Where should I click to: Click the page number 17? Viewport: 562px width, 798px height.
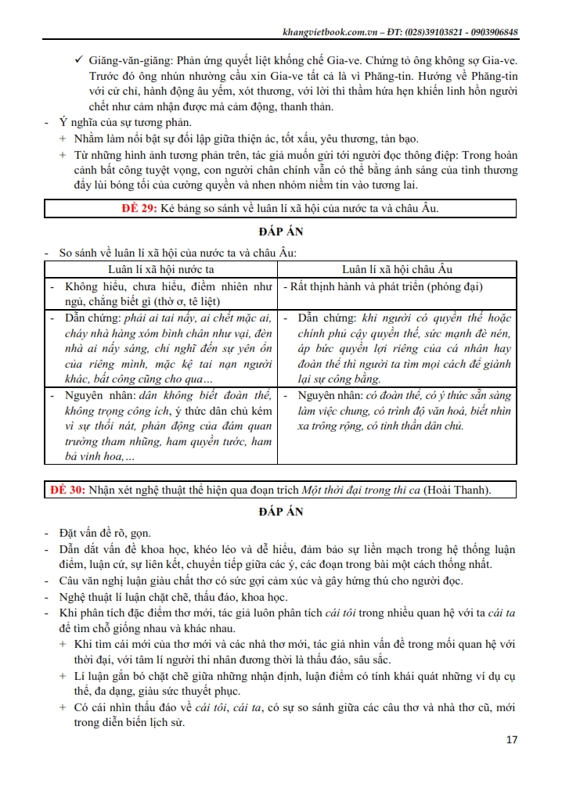[512, 739]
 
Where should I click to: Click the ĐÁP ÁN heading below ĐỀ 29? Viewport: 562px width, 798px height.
[280, 232]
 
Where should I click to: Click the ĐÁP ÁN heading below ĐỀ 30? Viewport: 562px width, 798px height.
[280, 512]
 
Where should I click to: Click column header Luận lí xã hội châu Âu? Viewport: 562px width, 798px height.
[397, 269]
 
